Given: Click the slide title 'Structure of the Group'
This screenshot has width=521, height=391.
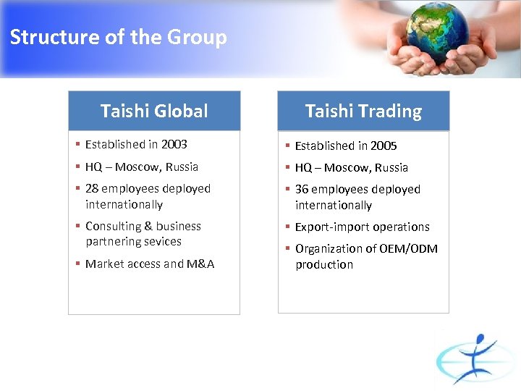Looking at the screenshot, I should (118, 37).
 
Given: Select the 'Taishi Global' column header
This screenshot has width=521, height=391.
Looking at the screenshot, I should (154, 111).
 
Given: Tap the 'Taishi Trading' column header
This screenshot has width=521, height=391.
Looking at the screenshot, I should (363, 111).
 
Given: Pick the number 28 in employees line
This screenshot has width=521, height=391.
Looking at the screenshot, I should (92, 188).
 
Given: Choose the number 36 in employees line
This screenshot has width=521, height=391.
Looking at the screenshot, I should (302, 189).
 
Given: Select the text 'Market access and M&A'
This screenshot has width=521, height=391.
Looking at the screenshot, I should (150, 264).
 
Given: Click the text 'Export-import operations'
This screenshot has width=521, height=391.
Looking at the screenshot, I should (362, 227).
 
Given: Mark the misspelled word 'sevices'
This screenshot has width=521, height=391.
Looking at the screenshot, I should (164, 241).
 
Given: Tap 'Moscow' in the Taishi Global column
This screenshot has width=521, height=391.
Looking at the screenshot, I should (135, 167).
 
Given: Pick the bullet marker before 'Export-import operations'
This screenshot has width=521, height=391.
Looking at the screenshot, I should (287, 227).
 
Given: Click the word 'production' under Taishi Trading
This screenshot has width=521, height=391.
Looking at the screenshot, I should (324, 264).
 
